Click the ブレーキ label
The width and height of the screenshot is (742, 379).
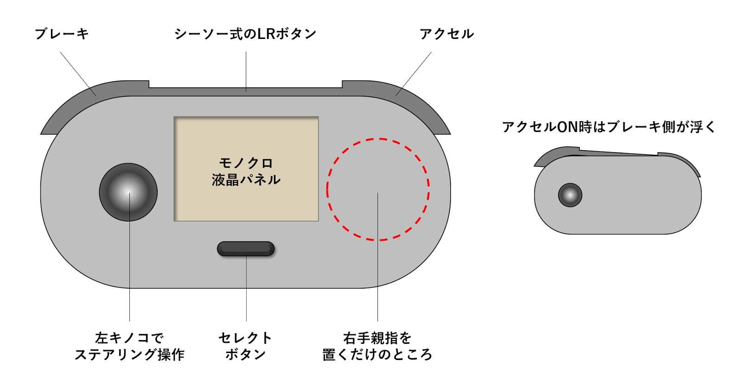coord(62,34)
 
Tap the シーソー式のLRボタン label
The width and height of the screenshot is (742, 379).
coord(245,34)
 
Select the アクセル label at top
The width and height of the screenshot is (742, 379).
coord(447,34)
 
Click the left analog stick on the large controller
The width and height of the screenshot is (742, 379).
coord(128,192)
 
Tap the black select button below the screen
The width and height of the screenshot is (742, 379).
coord(246,249)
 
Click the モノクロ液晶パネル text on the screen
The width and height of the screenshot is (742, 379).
coord(246,171)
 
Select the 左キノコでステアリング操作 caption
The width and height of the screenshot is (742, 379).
coord(129,346)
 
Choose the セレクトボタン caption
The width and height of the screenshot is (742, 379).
coord(245,346)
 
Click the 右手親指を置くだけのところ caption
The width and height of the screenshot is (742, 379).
coord(377,346)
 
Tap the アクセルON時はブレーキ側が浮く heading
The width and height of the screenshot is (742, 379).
coord(609,127)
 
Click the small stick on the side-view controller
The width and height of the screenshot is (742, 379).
coord(570,195)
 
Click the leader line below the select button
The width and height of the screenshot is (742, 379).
coord(246,287)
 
